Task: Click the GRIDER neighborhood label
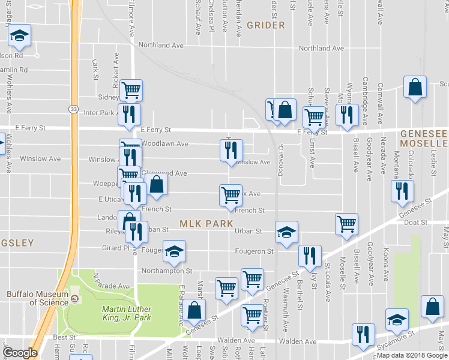(265, 26)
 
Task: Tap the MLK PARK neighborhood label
(205, 224)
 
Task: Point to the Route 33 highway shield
(73, 109)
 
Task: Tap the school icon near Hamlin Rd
(19, 37)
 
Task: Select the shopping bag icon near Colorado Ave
(415, 88)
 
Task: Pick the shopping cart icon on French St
(231, 195)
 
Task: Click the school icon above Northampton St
(174, 251)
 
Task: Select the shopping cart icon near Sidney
(131, 91)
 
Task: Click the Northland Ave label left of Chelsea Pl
(160, 45)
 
